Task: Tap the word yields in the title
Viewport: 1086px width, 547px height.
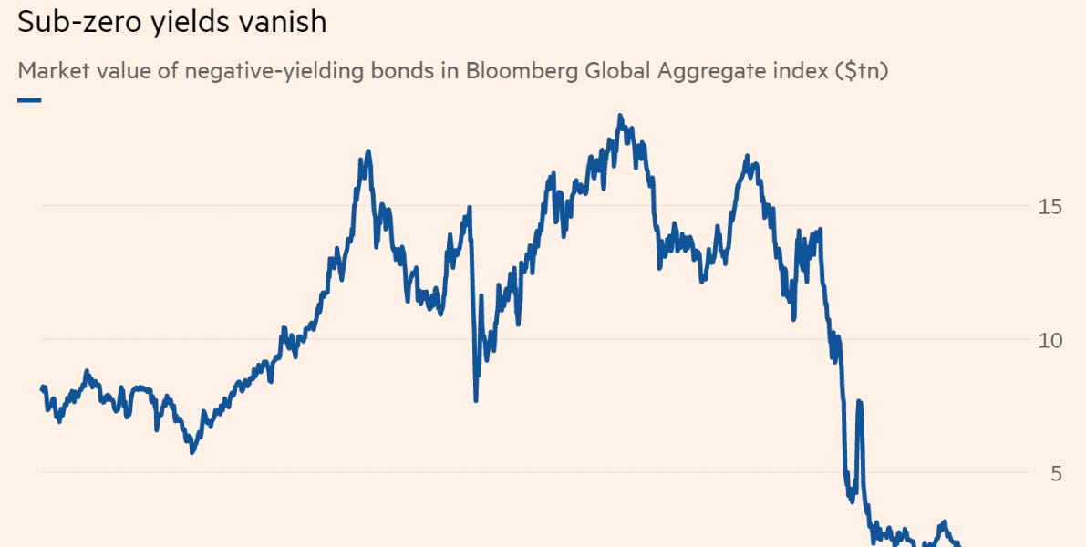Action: click(x=184, y=21)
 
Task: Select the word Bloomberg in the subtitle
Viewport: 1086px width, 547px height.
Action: click(x=517, y=71)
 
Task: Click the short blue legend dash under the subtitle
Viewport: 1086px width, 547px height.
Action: click(x=29, y=99)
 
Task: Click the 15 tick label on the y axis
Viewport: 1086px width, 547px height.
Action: click(x=1050, y=207)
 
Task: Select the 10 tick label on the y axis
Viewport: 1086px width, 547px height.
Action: click(x=1050, y=340)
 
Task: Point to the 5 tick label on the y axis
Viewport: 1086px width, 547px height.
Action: click(x=1056, y=473)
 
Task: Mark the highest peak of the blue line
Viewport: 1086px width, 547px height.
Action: click(x=620, y=116)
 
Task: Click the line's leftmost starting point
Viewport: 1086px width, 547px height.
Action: click(x=42, y=388)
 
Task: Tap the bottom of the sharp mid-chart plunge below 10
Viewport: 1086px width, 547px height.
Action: click(x=476, y=399)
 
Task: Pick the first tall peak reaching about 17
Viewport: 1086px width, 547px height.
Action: click(x=367, y=151)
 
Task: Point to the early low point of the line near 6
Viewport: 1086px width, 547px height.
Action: click(x=191, y=451)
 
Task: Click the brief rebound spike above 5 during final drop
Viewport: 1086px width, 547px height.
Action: click(x=859, y=402)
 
